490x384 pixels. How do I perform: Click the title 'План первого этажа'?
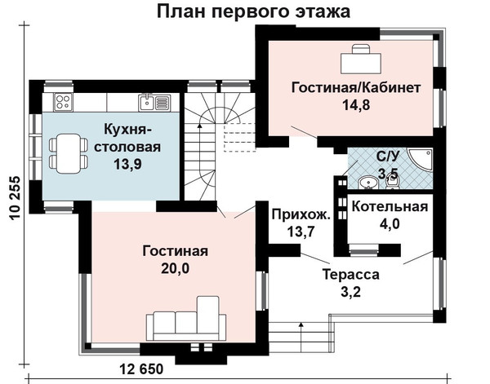(253, 11)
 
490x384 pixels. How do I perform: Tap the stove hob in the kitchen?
(63, 102)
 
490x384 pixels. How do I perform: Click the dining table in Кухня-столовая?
(69, 153)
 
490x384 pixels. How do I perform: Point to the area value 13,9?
(127, 164)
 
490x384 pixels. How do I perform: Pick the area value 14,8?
(356, 105)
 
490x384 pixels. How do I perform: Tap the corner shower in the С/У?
(421, 161)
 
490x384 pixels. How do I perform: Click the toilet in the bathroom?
(393, 181)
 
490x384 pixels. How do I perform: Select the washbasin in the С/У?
(369, 182)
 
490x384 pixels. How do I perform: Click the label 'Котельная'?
(390, 207)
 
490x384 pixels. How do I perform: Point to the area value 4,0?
(390, 223)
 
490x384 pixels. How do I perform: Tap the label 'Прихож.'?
(301, 214)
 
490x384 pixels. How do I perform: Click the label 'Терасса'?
(350, 275)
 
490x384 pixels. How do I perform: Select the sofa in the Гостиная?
(186, 318)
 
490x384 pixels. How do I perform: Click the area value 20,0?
(176, 268)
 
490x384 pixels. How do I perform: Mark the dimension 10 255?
(15, 198)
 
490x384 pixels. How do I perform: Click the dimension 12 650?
(141, 369)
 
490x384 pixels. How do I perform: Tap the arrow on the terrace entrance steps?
(301, 337)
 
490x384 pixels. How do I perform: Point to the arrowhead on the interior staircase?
(199, 126)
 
